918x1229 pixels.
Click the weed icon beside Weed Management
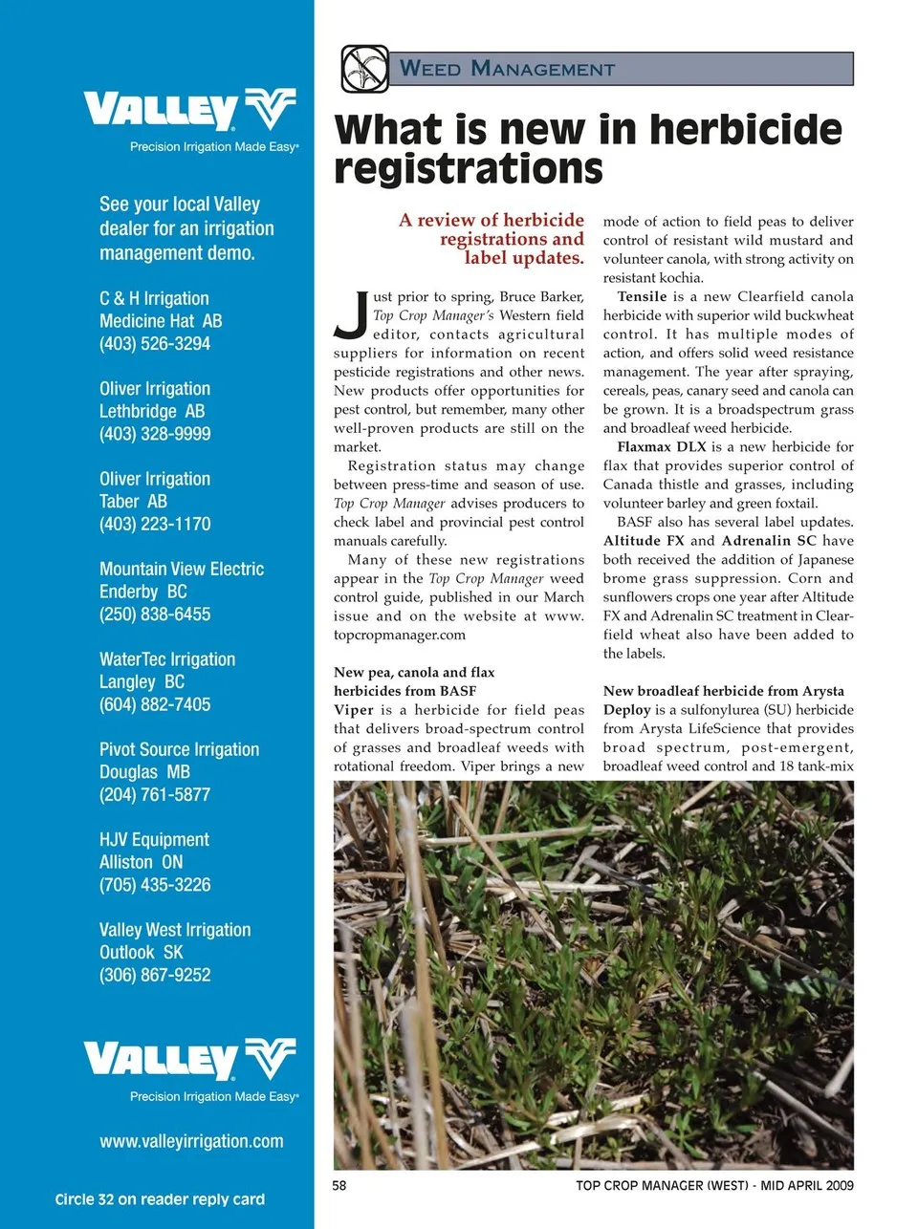pos(364,69)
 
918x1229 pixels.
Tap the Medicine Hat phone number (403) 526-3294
pos(155,344)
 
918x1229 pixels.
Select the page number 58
pos(339,1186)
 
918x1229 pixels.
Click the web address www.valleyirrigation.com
pos(191,1141)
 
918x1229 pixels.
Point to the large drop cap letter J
pos(351,315)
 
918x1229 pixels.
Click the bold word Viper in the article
pos(353,710)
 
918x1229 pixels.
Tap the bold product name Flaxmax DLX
pos(662,447)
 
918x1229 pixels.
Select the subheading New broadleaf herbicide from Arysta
pos(723,691)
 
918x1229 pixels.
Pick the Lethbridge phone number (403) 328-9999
pos(155,434)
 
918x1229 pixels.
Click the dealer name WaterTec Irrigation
pos(167,659)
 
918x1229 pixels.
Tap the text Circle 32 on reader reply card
pos(160,1199)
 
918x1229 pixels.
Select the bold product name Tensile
pos(643,297)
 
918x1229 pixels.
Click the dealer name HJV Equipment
pos(154,840)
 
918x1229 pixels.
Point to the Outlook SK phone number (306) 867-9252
pos(155,976)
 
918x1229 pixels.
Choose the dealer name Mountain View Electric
pos(182,570)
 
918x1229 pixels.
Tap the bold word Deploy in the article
pos(626,710)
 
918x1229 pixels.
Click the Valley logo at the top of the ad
pos(190,111)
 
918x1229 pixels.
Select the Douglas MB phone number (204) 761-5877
pos(155,795)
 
